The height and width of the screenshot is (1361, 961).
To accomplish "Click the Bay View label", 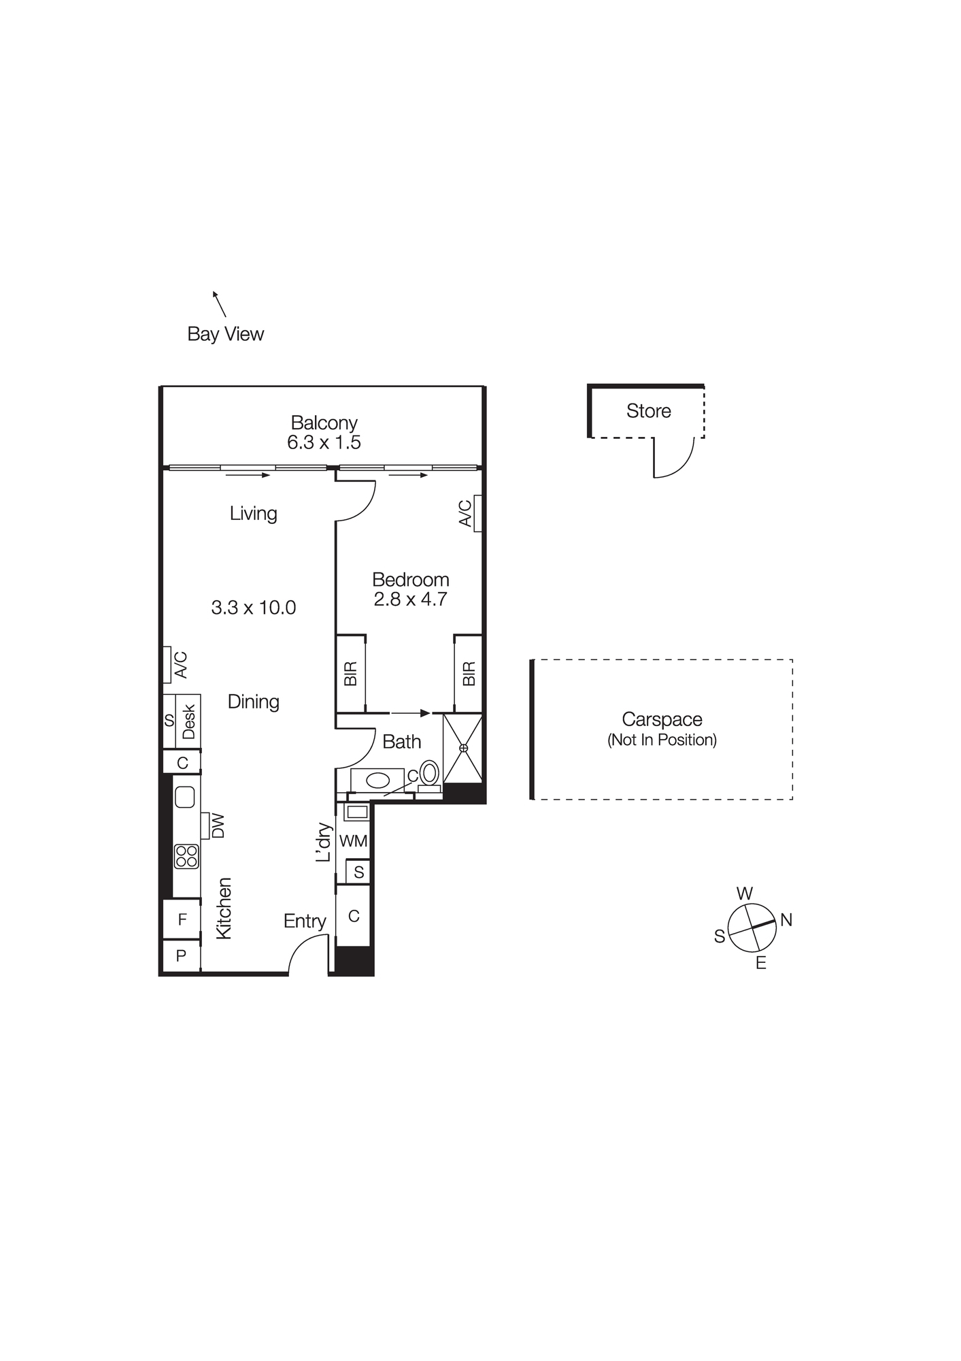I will click(x=225, y=334).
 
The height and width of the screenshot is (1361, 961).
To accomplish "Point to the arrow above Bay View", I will click(x=219, y=304).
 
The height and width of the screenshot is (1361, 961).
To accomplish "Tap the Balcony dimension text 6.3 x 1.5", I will click(x=324, y=442).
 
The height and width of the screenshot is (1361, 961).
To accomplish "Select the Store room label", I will click(x=648, y=411).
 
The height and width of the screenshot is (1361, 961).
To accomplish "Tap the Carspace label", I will click(x=662, y=719).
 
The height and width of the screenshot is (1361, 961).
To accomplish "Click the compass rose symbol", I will click(x=752, y=928).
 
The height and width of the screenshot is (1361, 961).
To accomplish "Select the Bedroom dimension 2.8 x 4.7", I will click(x=410, y=600).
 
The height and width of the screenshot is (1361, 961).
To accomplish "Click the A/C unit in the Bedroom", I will click(x=478, y=513).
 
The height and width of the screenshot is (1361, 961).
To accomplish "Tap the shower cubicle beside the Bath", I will click(x=463, y=748).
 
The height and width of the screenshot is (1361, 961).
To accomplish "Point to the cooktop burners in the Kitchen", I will click(x=186, y=856).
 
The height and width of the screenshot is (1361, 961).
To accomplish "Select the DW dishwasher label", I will click(x=218, y=826).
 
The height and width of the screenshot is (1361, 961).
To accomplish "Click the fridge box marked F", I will click(x=182, y=920).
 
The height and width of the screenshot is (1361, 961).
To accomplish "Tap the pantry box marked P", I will click(x=181, y=956).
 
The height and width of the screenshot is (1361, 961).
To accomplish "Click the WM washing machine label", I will click(x=353, y=841).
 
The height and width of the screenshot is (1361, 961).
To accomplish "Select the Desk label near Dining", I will click(x=188, y=721).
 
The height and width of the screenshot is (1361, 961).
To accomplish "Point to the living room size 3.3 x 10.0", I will click(x=254, y=608).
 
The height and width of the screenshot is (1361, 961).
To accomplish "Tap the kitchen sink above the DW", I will click(x=185, y=797).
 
